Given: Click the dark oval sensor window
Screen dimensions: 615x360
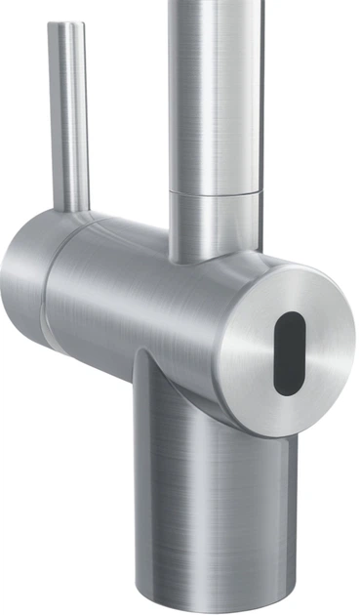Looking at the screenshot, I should tap(288, 354).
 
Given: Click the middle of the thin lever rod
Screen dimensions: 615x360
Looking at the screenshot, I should tap(68, 117).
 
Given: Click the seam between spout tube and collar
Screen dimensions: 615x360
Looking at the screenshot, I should tap(218, 192).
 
